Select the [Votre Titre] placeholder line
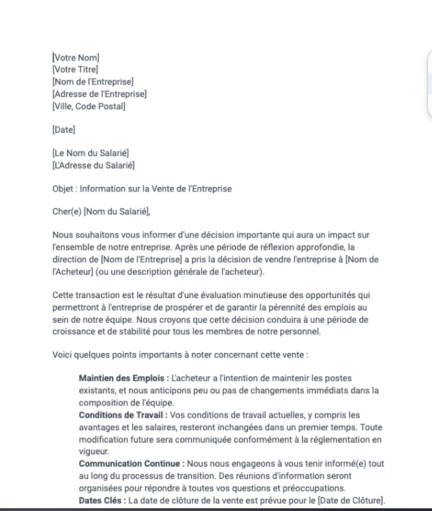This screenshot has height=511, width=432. tap(76, 69)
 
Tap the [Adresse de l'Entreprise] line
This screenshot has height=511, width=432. tap(99, 94)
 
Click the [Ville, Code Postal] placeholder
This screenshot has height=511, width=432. tap(88, 106)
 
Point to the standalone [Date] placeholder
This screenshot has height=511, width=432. tap(64, 130)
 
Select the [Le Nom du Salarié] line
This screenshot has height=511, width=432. tap(90, 153)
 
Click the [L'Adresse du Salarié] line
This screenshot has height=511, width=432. tap(93, 165)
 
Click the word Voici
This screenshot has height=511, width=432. tap(62, 355)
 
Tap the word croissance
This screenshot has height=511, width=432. tap(74, 332)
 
